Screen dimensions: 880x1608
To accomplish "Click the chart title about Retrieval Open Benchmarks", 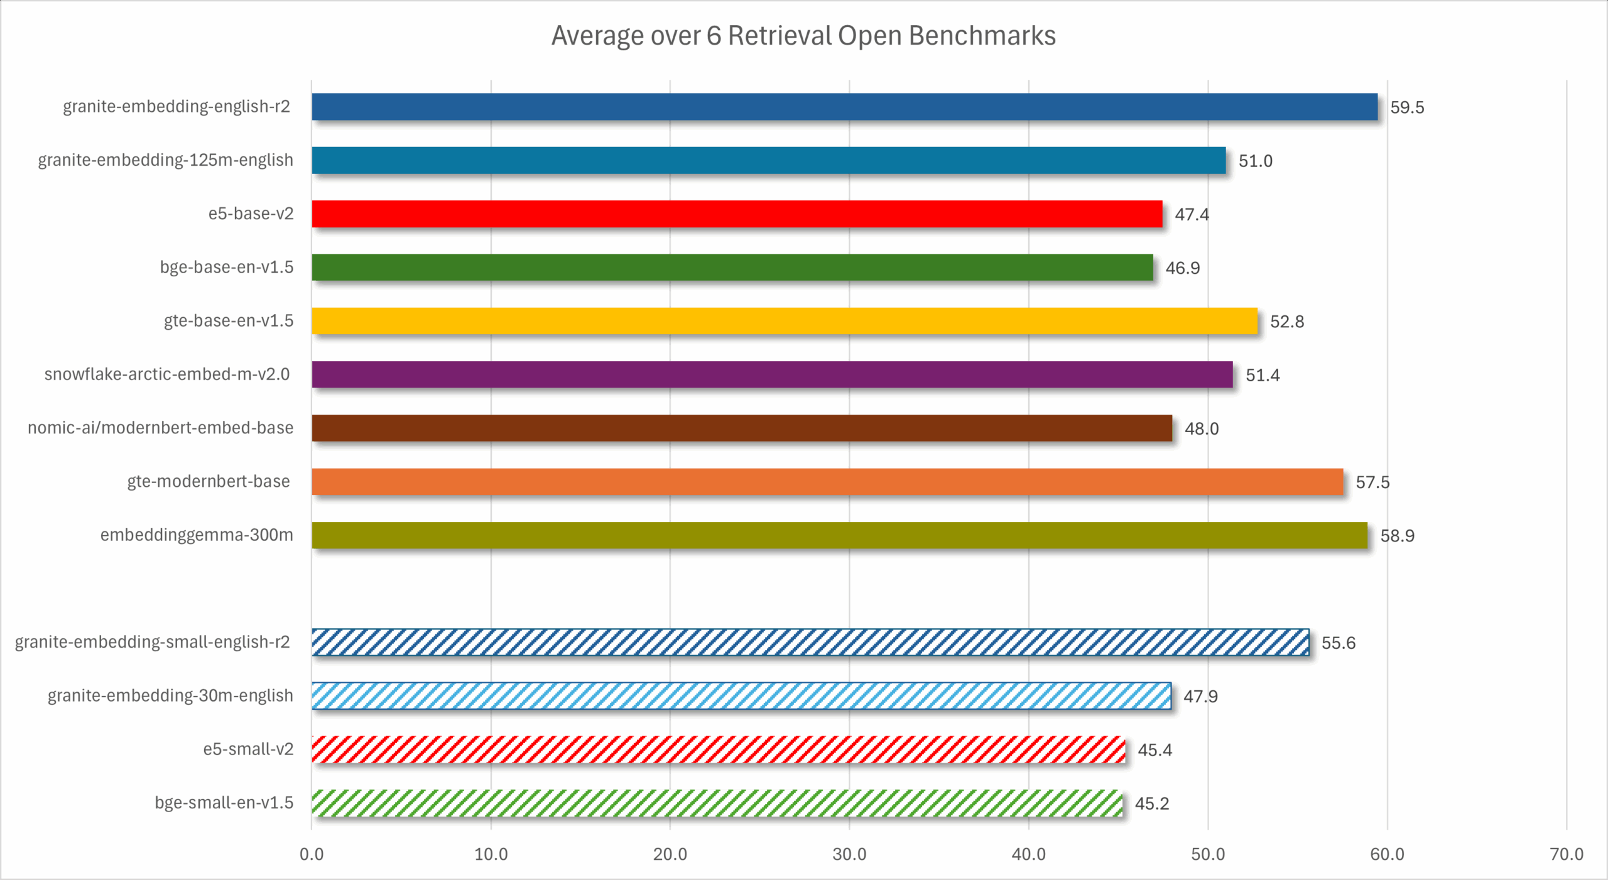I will pos(803,36).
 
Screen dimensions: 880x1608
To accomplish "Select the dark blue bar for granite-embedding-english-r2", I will pos(844,107).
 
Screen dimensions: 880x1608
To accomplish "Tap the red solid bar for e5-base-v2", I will pos(737,214).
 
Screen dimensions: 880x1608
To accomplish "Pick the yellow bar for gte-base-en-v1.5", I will pos(785,321).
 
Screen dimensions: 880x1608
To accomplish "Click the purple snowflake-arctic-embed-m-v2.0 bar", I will pos(772,374).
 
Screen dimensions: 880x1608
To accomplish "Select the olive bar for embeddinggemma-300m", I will pos(839,535).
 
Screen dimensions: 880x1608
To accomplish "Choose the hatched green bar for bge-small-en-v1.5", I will pos(717,803).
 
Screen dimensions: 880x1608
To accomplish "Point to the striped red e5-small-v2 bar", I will pos(719,749).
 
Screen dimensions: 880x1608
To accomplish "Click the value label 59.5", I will pos(1407,107).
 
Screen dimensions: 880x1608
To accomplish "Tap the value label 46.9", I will pos(1183,268).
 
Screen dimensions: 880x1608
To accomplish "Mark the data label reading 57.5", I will pos(1372,482).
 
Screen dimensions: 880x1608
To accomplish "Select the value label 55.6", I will pos(1339,643).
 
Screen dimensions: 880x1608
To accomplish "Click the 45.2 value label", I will pos(1152,803).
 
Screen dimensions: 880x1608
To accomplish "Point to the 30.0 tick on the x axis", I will pos(849,854).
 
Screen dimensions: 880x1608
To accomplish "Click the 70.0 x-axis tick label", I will pos(1567,854).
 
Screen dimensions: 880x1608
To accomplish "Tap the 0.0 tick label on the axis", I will pos(312,854).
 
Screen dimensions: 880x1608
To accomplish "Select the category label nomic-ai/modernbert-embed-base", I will pos(160,428).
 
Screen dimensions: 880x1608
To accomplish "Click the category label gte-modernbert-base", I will pos(209,481).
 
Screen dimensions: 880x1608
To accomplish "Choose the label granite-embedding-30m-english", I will pos(170,695).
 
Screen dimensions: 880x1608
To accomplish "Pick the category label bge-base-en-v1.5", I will pos(226,267).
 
